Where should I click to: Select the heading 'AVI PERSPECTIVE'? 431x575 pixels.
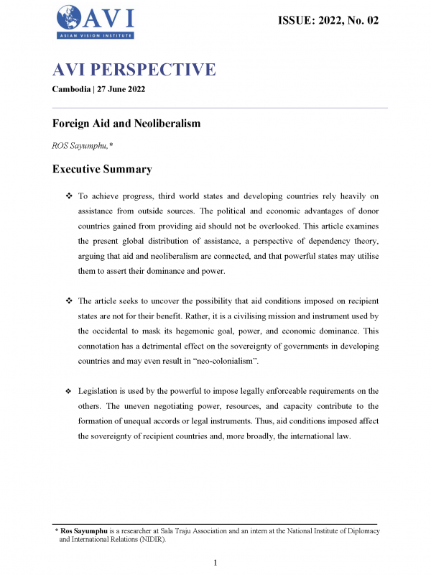(x=134, y=70)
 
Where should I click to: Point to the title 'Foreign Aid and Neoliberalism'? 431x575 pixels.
(x=126, y=124)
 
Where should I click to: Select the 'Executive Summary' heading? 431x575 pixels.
(x=102, y=170)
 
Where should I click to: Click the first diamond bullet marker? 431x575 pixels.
(x=69, y=195)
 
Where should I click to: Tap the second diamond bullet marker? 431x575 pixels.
(x=69, y=300)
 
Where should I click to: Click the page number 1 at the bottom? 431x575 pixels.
(x=215, y=561)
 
